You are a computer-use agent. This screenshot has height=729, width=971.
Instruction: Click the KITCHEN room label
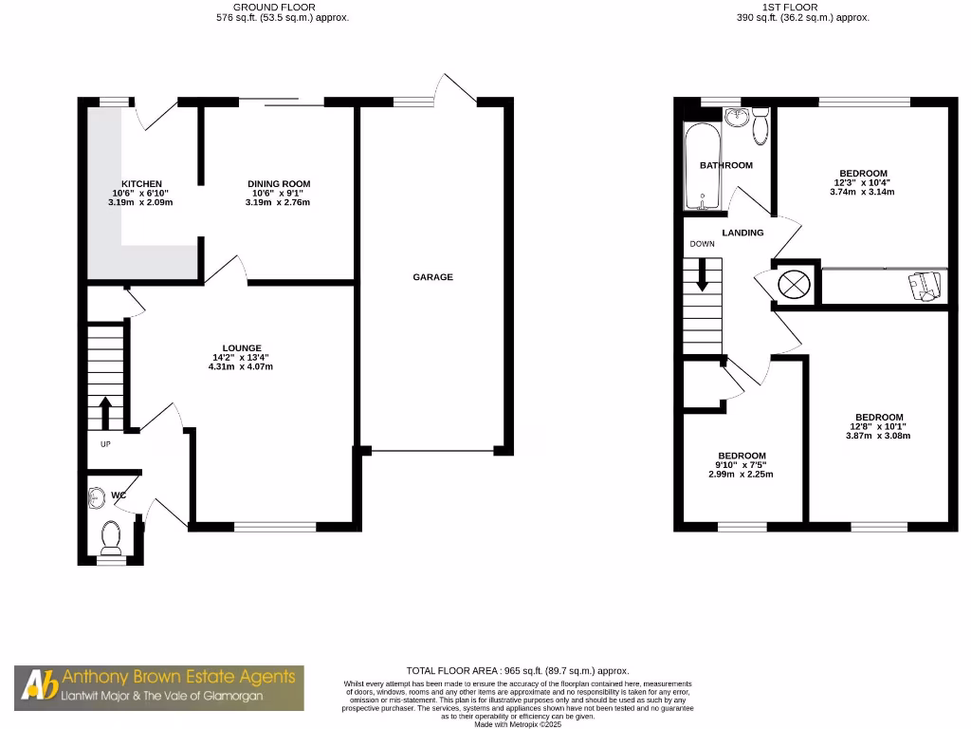(141, 183)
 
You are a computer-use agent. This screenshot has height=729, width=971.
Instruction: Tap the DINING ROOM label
(279, 183)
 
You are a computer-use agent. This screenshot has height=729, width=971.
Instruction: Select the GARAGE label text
(432, 277)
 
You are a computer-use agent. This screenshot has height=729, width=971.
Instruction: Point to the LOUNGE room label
(242, 347)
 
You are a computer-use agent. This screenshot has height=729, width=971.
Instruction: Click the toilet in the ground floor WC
(111, 536)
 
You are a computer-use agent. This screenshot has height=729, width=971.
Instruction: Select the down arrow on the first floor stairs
(703, 275)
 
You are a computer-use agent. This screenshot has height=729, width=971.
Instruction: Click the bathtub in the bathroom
(702, 166)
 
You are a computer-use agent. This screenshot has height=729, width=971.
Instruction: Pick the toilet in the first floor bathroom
(760, 129)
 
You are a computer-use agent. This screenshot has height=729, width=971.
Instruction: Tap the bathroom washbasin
(736, 117)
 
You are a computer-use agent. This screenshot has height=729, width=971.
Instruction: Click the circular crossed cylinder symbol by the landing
(794, 283)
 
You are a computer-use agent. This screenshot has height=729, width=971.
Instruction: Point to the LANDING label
(742, 233)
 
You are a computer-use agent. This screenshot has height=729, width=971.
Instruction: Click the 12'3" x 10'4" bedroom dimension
(861, 182)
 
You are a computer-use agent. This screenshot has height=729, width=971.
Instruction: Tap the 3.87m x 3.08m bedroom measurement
(878, 437)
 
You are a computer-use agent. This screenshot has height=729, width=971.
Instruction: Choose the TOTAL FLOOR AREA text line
(517, 671)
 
